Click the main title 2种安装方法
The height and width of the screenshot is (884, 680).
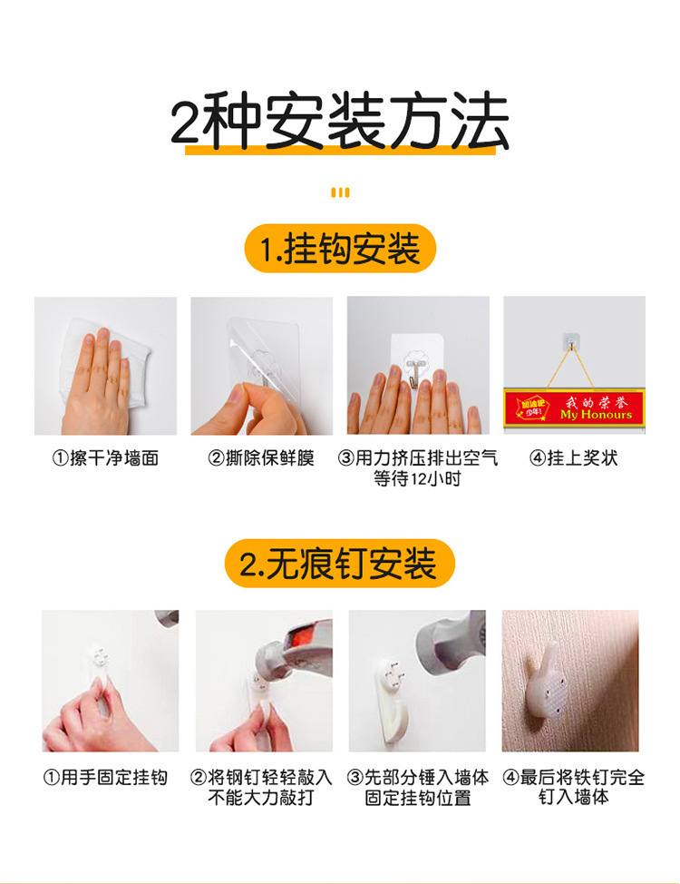click(x=340, y=123)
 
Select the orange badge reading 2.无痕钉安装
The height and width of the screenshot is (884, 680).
click(x=339, y=564)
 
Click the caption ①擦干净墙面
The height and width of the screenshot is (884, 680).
click(x=105, y=458)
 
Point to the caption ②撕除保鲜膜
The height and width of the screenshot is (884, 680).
click(x=261, y=458)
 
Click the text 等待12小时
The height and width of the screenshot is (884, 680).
click(x=417, y=479)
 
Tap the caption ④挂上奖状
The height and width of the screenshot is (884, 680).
click(x=573, y=458)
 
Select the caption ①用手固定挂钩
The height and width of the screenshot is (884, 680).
click(x=105, y=778)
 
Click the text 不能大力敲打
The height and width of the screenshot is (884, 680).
click(x=261, y=799)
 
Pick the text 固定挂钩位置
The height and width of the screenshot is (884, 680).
click(x=418, y=799)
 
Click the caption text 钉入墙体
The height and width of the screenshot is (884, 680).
click(x=573, y=799)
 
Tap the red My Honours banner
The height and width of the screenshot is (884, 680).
click(x=574, y=406)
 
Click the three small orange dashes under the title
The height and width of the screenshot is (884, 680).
click(x=340, y=192)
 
